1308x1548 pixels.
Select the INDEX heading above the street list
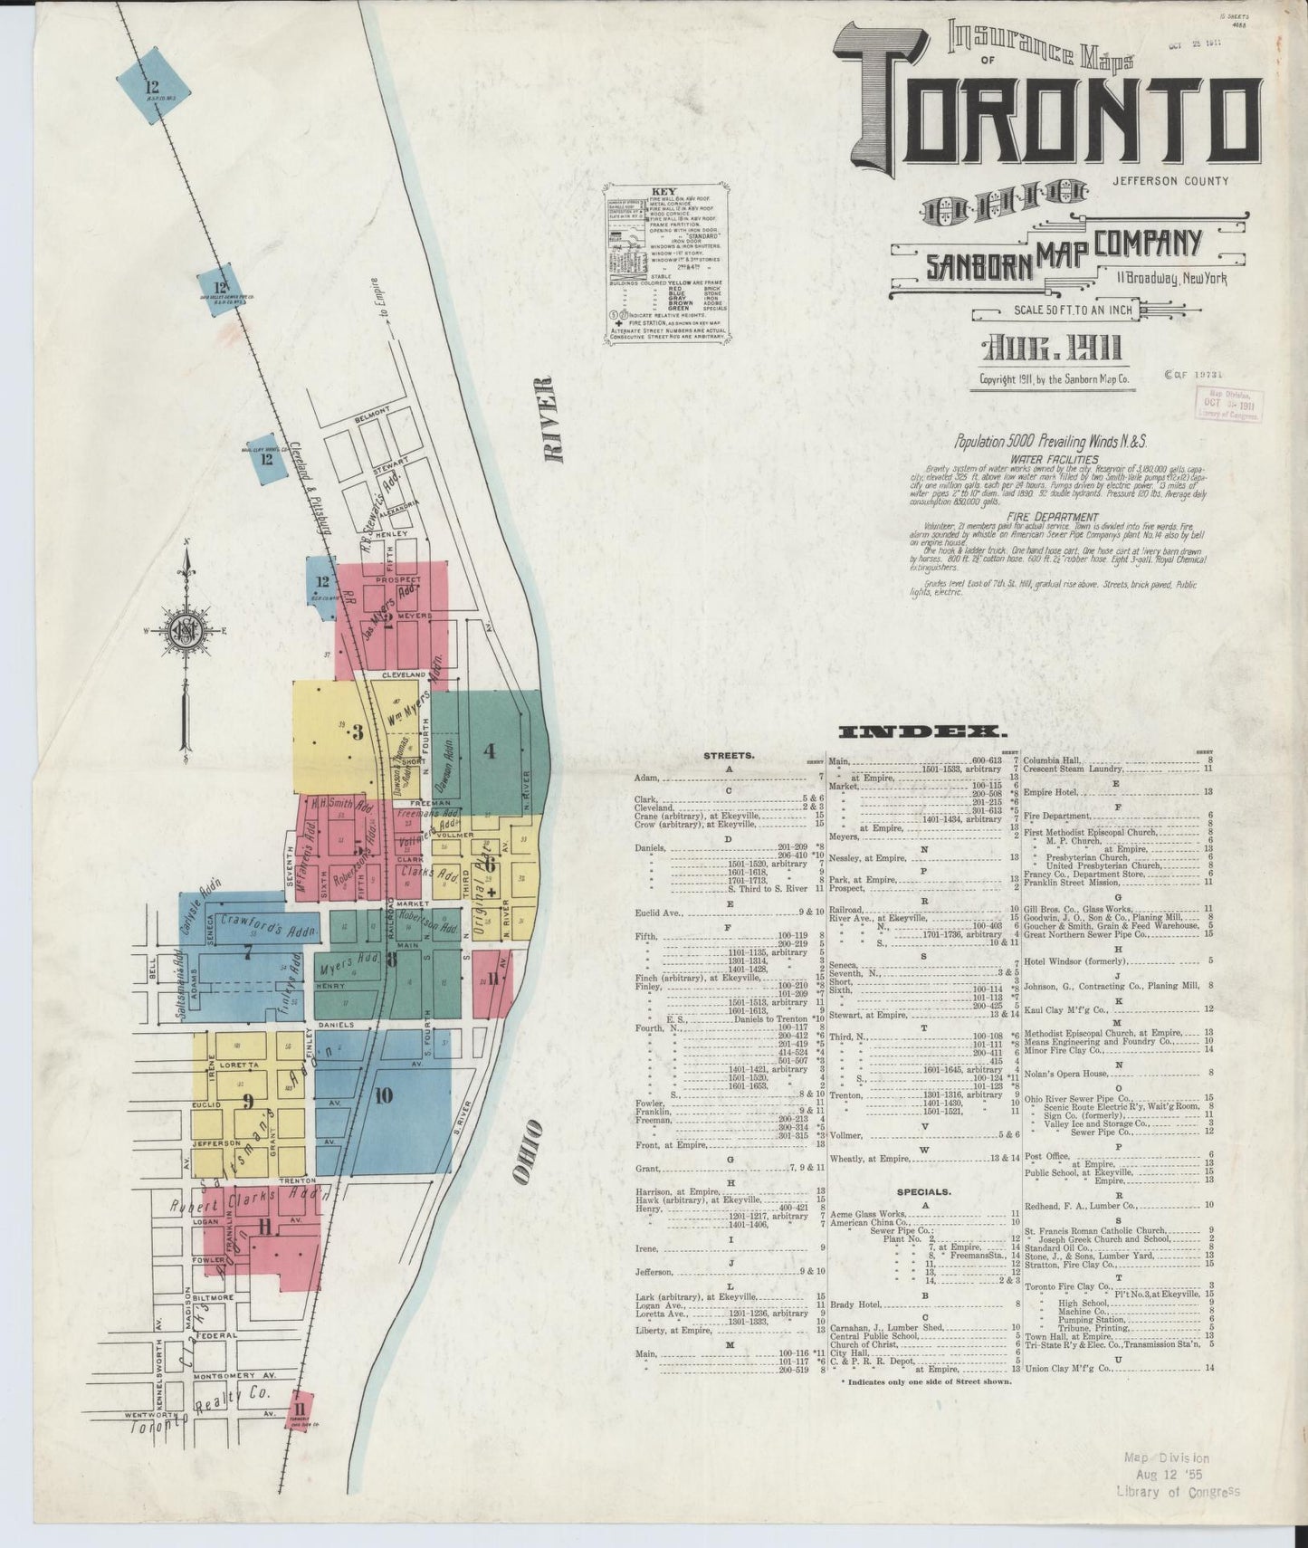pyautogui.click(x=920, y=731)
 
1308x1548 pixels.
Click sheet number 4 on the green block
pyautogui.click(x=490, y=750)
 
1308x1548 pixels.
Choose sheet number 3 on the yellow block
pyautogui.click(x=357, y=732)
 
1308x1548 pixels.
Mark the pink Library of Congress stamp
pyautogui.click(x=1229, y=403)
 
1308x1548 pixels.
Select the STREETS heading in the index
pyautogui.click(x=729, y=755)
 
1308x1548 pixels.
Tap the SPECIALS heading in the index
pyautogui.click(x=924, y=1191)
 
